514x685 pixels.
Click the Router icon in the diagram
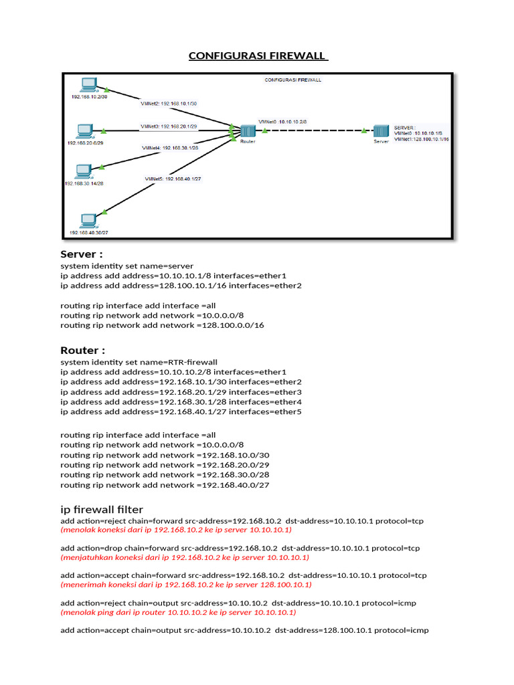coord(248,130)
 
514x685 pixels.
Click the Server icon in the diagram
coord(381,130)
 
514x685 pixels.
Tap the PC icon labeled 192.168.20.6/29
coord(84,130)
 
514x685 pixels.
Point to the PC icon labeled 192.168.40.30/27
coord(88,221)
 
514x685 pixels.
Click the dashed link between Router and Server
coord(315,131)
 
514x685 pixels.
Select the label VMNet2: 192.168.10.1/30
coord(168,104)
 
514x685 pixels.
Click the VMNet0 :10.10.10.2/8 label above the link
coord(282,122)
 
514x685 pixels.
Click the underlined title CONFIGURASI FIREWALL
coord(258,57)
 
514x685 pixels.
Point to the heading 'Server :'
coord(82,254)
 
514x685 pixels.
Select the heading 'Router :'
coord(82,351)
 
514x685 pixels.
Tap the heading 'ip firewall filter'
coord(102,510)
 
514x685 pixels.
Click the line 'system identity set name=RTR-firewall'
coord(139,362)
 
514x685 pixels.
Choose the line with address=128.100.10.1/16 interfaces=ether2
coord(181,286)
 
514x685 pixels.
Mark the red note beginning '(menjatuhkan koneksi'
coord(185,557)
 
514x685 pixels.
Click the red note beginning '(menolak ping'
coord(178,612)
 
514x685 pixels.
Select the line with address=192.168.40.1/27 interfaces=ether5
coord(181,412)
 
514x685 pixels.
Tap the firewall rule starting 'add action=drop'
coord(240,548)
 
